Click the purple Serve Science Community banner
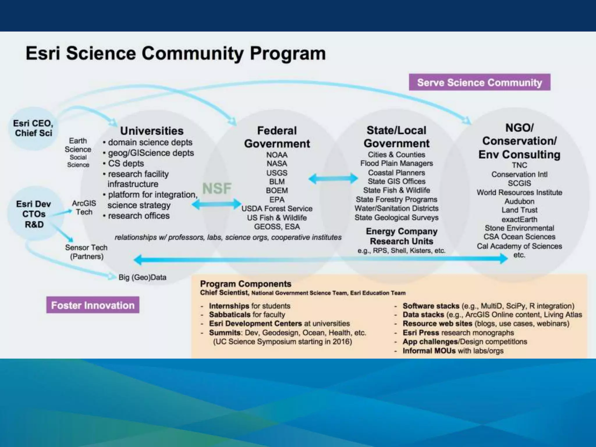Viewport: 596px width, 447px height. pos(479,82)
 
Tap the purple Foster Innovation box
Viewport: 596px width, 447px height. pos(93,305)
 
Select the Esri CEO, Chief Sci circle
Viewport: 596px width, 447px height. pos(33,128)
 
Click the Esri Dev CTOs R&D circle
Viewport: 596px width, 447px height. pos(34,214)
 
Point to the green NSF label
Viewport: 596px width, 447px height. pos(217,188)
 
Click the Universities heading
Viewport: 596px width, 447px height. pos(152,131)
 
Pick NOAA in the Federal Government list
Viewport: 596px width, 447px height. pos(277,155)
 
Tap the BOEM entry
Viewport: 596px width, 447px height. pos(277,191)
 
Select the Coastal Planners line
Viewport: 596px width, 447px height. pos(396,173)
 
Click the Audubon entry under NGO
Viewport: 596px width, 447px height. pos(519,201)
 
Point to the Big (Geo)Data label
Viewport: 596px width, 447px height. pos(142,277)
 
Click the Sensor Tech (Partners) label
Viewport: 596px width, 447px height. pos(86,252)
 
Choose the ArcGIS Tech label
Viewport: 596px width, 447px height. pos(84,207)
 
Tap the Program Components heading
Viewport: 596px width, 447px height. pos(246,284)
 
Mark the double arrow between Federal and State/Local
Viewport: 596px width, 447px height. pos(333,179)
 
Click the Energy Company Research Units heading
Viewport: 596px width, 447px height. pos(401,236)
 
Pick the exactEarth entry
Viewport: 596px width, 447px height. pos(519,219)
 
